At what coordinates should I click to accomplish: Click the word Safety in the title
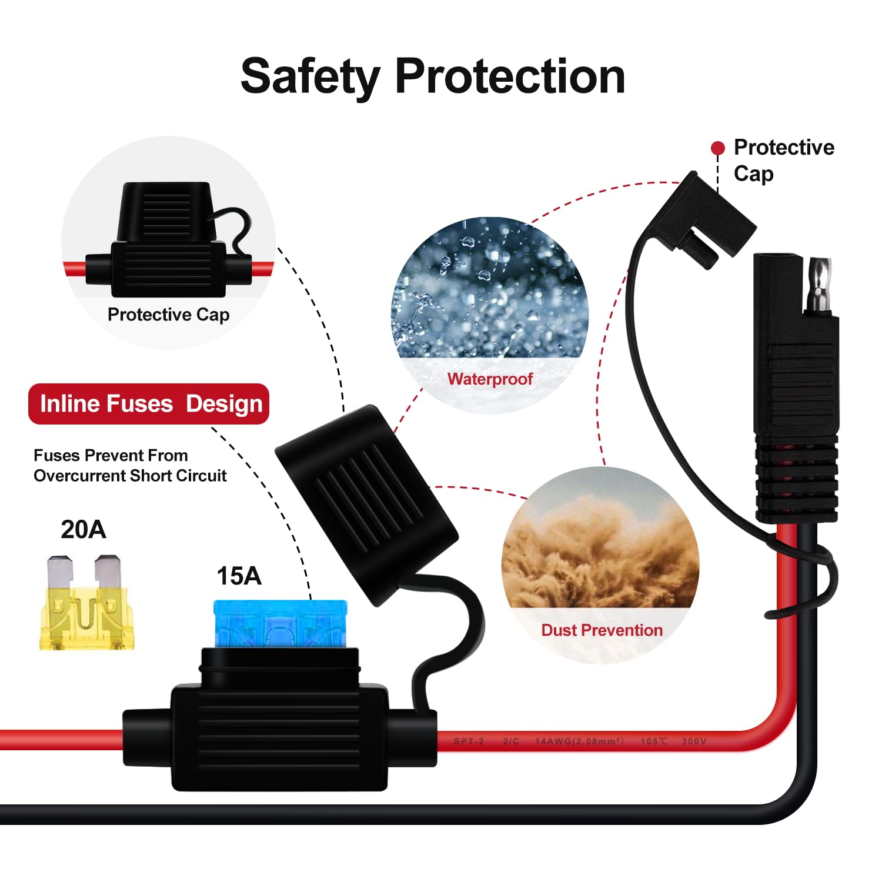click(310, 77)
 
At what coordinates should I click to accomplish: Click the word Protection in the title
click(510, 76)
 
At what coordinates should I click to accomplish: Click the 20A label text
click(83, 530)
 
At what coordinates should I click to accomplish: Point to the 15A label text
click(239, 576)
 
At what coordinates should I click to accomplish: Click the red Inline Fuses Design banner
click(149, 404)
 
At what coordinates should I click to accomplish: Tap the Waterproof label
click(490, 379)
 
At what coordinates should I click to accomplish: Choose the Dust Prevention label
click(602, 630)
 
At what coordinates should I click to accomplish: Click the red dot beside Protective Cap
click(717, 148)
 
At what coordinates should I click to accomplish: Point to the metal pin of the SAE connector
click(818, 285)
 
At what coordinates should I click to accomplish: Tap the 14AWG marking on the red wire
click(579, 741)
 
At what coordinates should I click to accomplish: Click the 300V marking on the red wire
click(694, 741)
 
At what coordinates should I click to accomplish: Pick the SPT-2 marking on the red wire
click(469, 741)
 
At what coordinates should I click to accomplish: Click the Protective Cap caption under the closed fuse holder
click(169, 315)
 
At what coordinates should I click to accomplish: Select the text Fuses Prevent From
click(111, 456)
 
